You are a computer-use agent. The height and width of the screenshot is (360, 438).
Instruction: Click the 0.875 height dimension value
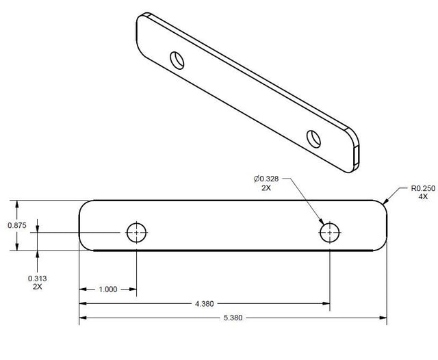coord(17,225)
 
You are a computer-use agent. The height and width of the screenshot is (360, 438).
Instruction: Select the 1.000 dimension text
coord(108,290)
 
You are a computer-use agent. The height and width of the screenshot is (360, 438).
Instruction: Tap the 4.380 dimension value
coord(204,304)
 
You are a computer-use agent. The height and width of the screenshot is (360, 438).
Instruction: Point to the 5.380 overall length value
coord(233,318)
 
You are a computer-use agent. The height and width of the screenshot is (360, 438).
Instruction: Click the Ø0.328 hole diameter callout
coord(266,179)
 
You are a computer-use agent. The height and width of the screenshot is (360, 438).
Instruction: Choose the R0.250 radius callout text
coord(423,188)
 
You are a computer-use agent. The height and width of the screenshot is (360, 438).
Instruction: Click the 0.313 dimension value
coord(38,279)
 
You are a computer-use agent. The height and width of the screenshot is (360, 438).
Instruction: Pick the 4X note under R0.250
coord(423,196)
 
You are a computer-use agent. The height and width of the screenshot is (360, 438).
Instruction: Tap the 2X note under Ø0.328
coord(266,188)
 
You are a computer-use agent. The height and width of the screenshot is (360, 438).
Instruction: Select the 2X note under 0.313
coord(38,287)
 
